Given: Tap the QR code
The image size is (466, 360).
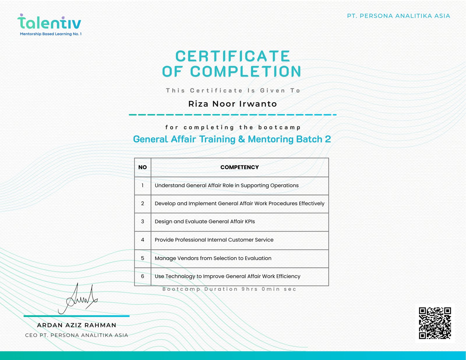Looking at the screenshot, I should [x=435, y=323].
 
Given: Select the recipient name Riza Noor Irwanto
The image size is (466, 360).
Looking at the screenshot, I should [x=232, y=104].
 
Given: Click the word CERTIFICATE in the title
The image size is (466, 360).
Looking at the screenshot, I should [x=232, y=56].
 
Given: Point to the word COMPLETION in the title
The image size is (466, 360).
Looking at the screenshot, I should [x=246, y=72].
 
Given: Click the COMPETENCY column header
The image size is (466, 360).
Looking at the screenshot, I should [x=239, y=167].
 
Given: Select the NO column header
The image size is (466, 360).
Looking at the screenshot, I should [x=142, y=167].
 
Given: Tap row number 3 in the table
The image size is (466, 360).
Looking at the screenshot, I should [x=142, y=222].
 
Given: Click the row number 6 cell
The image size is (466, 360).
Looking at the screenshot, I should [x=142, y=276].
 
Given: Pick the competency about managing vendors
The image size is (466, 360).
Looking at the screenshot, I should [x=213, y=258].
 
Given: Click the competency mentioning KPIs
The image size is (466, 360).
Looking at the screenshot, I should [x=205, y=222].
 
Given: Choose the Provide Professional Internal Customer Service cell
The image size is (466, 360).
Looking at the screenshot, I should [x=214, y=240].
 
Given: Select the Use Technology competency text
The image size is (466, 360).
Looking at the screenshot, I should [x=227, y=276].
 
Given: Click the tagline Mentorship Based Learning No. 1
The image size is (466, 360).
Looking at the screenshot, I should [x=51, y=34].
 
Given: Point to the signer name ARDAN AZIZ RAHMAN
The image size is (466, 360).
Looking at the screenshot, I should [x=77, y=325].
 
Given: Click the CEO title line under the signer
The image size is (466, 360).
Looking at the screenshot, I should [x=77, y=335].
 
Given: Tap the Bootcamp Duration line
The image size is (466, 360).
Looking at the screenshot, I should [x=229, y=289].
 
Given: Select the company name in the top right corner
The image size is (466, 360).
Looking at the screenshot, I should [x=398, y=16].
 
